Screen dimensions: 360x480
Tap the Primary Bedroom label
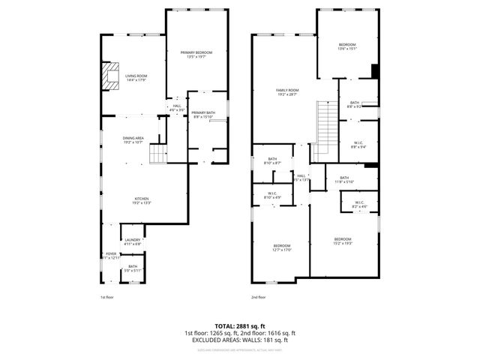coord(196,55)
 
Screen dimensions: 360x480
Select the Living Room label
coord(136,78)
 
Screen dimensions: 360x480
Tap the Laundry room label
coord(133,241)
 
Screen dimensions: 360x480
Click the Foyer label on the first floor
coord(111,256)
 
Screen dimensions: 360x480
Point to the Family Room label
coord(288,92)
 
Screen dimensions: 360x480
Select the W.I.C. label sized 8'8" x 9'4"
coord(359,145)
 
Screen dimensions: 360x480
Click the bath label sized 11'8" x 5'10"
coord(344,179)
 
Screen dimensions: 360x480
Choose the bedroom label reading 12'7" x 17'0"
coord(282,248)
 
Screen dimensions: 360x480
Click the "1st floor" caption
coord(107,297)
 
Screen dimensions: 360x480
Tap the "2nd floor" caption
coord(258,297)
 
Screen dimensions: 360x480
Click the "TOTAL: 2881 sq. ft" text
coord(240,325)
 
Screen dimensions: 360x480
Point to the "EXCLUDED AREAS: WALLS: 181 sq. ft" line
coord(240,340)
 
